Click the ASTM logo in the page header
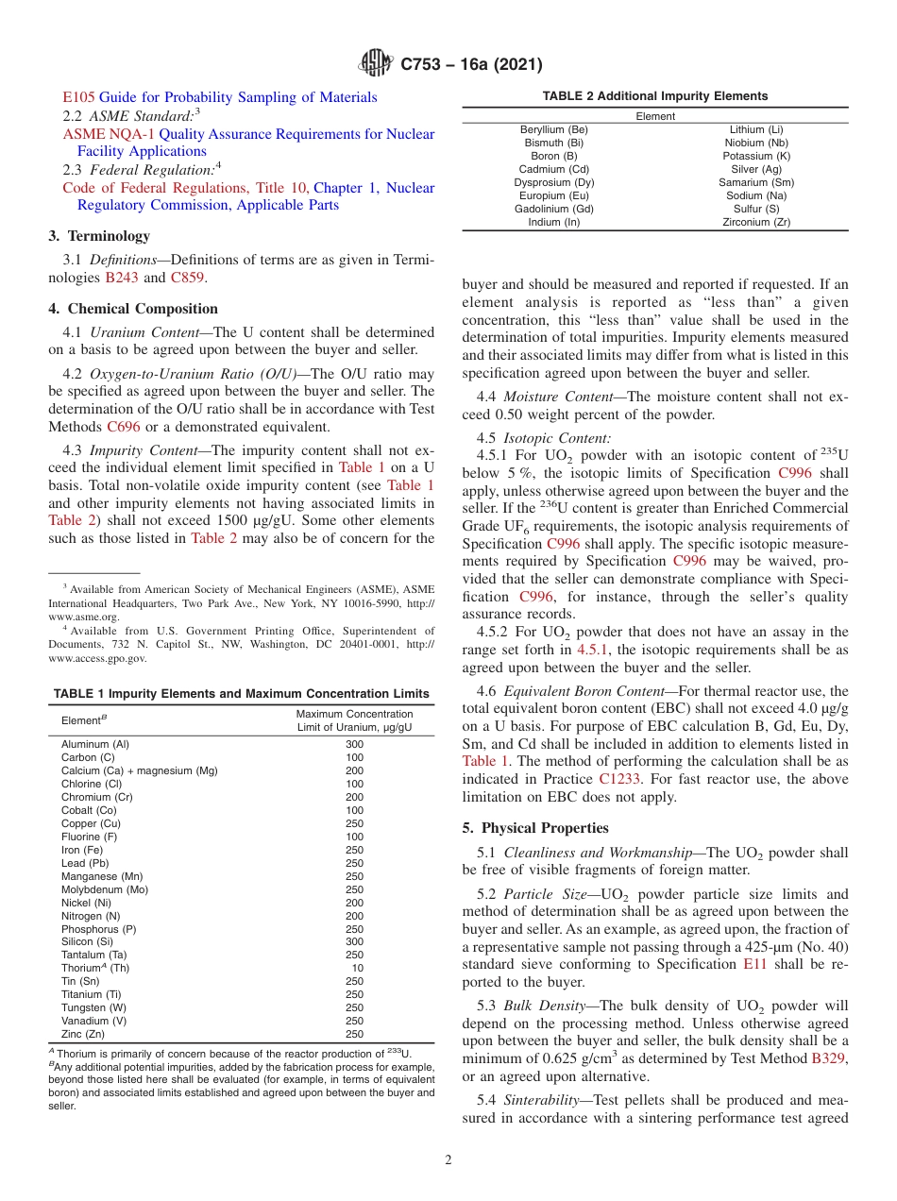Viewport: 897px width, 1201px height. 376,63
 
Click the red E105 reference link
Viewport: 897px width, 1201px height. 78,97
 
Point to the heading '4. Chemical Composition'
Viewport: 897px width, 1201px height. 133,309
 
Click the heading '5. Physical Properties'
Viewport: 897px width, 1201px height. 535,828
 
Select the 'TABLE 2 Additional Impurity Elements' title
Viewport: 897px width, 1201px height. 654,96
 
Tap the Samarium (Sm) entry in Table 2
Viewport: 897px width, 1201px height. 756,182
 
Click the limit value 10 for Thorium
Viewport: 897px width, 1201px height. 357,968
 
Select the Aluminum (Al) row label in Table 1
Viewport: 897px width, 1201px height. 95,744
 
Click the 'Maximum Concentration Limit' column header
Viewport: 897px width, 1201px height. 354,720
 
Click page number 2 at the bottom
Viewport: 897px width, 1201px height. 448,1159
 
